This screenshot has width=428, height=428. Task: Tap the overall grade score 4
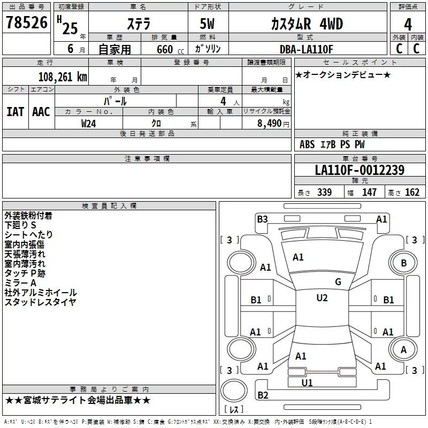408,25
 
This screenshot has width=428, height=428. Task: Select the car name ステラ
138,25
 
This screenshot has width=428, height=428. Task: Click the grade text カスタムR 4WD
307,25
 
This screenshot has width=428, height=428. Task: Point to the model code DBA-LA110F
307,49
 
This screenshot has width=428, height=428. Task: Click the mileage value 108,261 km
63,77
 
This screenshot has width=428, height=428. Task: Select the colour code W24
89,123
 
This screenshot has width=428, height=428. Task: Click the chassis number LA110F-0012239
360,170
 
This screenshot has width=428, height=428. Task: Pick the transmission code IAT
15,112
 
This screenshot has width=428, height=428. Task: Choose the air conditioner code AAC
41,112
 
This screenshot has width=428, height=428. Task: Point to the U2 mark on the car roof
322,298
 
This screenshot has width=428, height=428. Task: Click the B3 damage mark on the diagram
262,219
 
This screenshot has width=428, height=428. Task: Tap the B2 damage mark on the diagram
263,395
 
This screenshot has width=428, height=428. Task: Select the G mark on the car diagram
338,281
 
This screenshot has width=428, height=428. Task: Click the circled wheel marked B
403,263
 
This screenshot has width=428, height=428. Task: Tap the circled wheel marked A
403,350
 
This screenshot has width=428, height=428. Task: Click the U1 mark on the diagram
307,383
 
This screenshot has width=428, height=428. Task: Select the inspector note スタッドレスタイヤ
40,302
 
